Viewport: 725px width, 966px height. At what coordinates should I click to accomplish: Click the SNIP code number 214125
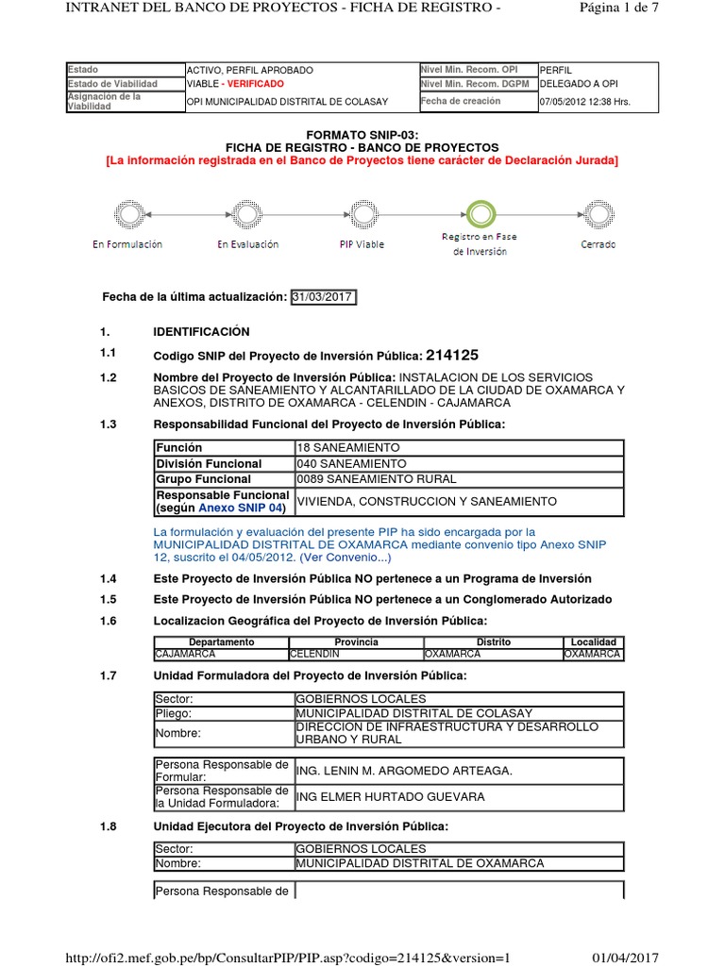pyautogui.click(x=452, y=356)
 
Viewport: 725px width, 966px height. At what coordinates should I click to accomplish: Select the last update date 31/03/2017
pyautogui.click(x=323, y=297)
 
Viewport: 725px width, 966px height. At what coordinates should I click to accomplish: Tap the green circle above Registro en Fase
pyautogui.click(x=480, y=211)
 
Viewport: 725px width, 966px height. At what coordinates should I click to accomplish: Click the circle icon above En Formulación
pyautogui.click(x=127, y=211)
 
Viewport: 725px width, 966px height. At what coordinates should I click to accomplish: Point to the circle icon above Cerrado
pyautogui.click(x=598, y=211)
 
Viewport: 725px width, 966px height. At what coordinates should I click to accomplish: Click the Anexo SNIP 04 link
pyautogui.click(x=240, y=508)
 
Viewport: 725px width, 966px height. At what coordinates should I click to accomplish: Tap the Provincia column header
pyautogui.click(x=355, y=641)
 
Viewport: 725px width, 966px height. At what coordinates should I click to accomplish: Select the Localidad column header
pyautogui.click(x=593, y=641)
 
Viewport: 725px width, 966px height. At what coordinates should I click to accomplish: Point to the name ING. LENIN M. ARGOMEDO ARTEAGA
pyautogui.click(x=404, y=771)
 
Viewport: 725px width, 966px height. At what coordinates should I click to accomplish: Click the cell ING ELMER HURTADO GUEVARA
pyautogui.click(x=390, y=797)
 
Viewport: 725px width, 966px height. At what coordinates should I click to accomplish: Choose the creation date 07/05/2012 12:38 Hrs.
pyautogui.click(x=584, y=102)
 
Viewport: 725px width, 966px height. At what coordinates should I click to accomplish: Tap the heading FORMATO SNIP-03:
pyautogui.click(x=362, y=136)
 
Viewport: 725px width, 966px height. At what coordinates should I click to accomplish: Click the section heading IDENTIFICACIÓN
pyautogui.click(x=201, y=331)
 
